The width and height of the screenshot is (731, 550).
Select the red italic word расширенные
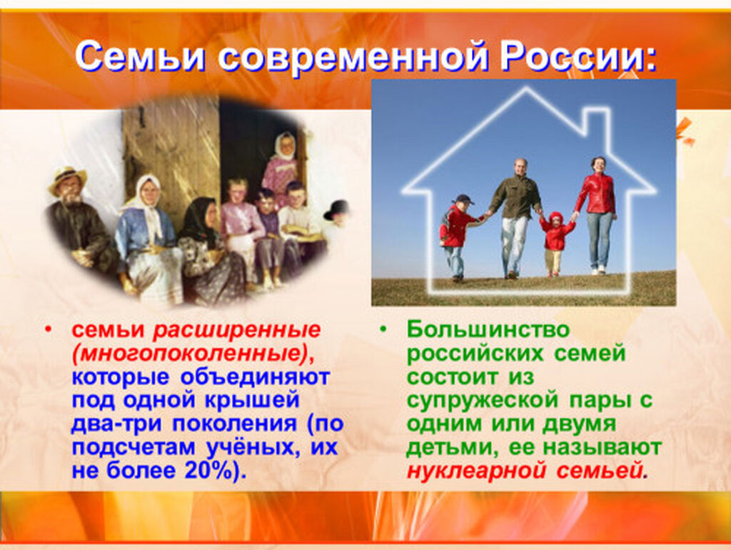[237, 331]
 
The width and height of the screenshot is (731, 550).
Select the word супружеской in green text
[480, 401]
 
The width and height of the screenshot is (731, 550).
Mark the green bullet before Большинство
[383, 330]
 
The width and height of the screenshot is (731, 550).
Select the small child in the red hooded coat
[555, 244]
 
